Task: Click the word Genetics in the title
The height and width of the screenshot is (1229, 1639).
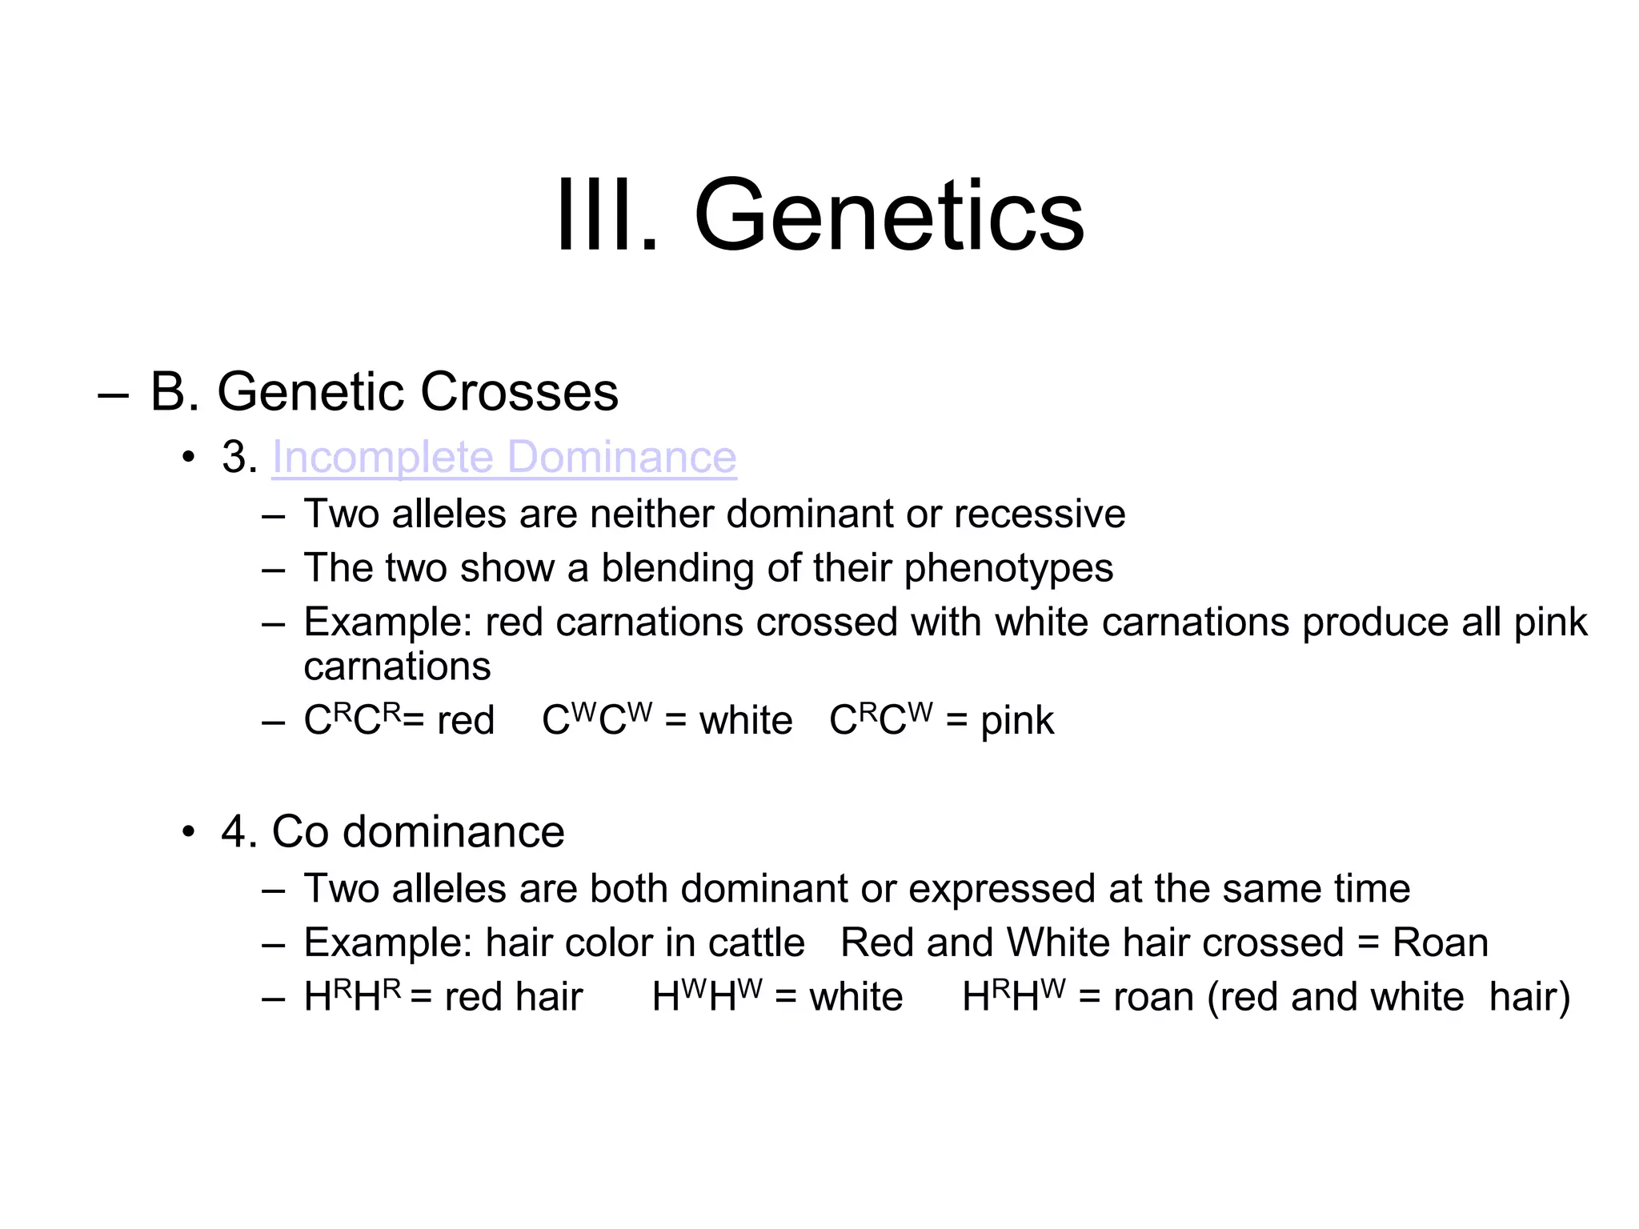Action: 888,216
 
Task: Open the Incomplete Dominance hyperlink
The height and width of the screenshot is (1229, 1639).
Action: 504,457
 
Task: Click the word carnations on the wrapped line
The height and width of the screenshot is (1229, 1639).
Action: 397,667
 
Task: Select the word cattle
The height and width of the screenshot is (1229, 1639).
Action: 756,943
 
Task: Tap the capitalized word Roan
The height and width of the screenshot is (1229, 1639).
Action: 1440,943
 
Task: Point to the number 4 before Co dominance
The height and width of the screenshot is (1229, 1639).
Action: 234,832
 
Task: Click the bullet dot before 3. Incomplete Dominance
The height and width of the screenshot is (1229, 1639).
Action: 188,458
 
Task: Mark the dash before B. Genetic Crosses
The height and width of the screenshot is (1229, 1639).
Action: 113,394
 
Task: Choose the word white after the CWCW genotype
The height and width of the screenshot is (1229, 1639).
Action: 746,721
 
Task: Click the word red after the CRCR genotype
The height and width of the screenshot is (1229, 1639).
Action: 466,721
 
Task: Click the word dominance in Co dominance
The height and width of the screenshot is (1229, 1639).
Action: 453,832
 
